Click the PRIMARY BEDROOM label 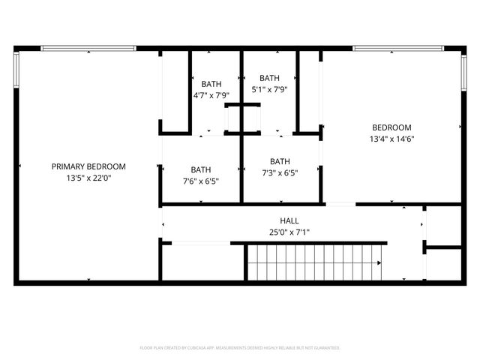[88, 166]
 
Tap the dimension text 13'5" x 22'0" [88, 178]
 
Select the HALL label [289, 220]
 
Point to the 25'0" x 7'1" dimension [289, 232]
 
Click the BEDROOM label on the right [391, 127]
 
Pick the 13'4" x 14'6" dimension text [391, 139]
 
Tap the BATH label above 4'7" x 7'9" [211, 84]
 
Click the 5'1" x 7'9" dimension [269, 89]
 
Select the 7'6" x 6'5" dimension [200, 181]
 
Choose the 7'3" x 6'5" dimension [280, 172]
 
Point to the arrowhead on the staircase [379, 262]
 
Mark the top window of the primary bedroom [88, 49]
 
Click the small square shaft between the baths [243, 118]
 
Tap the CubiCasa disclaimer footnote [240, 348]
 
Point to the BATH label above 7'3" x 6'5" [280, 161]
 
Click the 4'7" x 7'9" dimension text [211, 95]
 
